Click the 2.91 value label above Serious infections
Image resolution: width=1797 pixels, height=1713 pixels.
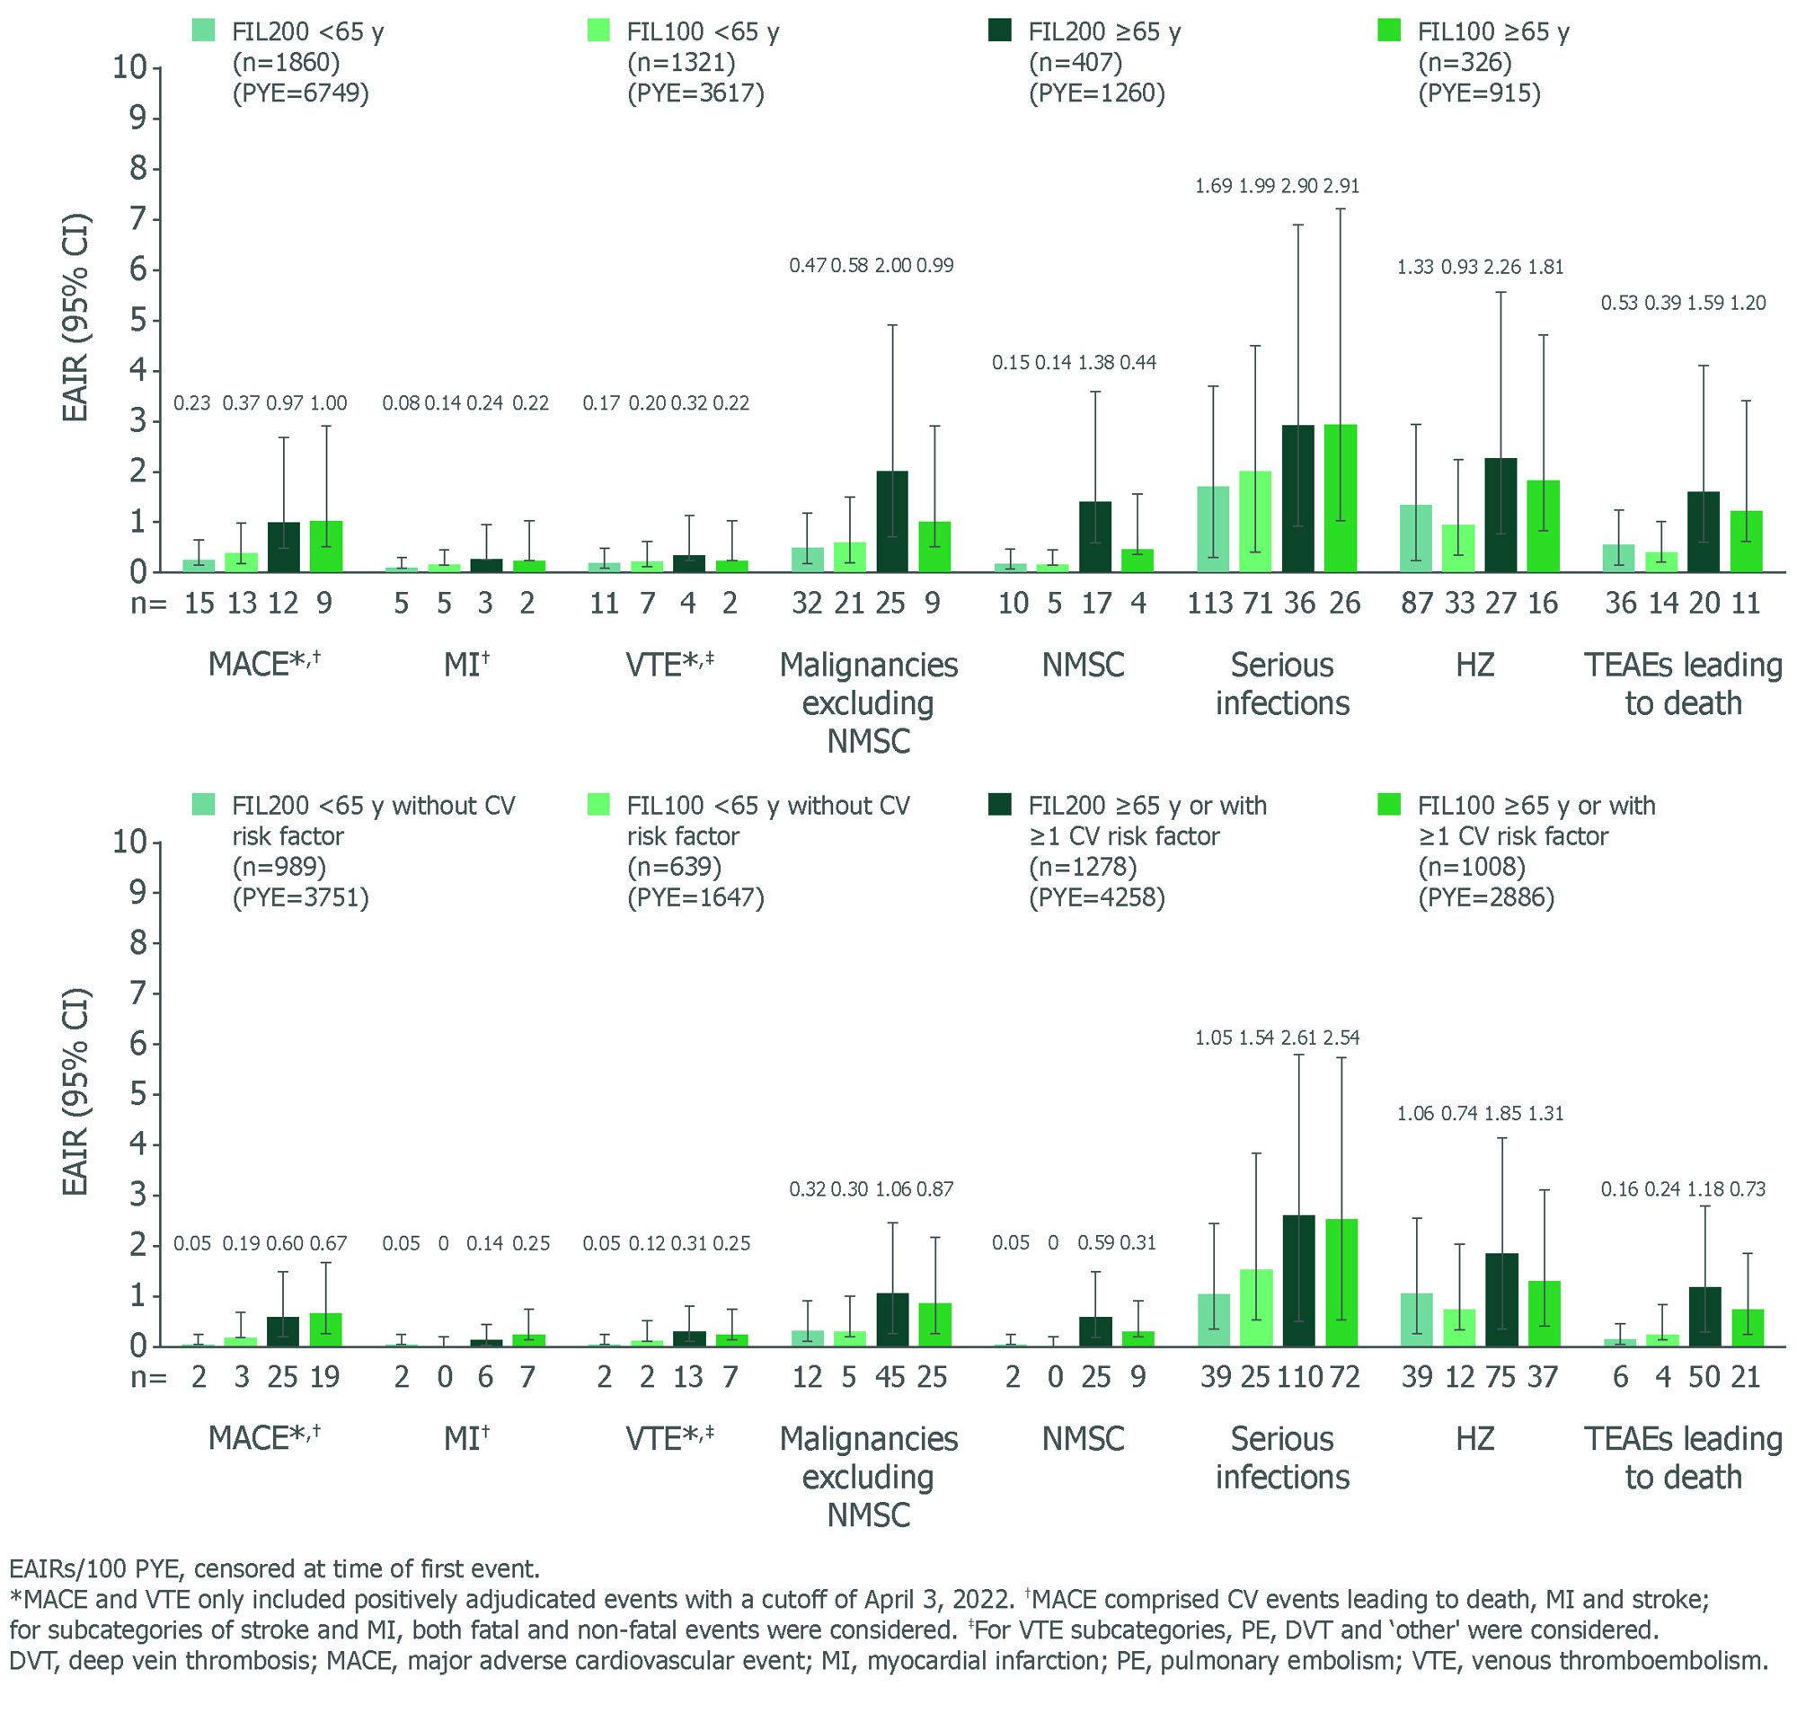pyautogui.click(x=1341, y=186)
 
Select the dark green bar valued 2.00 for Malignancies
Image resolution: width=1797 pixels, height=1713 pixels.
pyautogui.click(x=892, y=521)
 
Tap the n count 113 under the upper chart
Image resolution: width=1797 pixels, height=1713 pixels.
pyautogui.click(x=1210, y=604)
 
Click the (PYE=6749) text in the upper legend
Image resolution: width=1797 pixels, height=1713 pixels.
pyautogui.click(x=300, y=93)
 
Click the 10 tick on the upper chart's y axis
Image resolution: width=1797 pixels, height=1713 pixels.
pyautogui.click(x=128, y=67)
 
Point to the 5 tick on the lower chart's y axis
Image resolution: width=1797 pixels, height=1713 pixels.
pyautogui.click(x=137, y=1094)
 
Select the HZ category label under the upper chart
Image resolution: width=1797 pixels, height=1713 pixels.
pyautogui.click(x=1474, y=665)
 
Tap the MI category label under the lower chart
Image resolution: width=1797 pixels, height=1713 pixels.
pyautogui.click(x=465, y=1439)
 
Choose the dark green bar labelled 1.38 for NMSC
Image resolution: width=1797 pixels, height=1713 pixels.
pyautogui.click(x=1094, y=537)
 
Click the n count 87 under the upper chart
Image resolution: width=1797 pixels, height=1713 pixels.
pyautogui.click(x=1416, y=604)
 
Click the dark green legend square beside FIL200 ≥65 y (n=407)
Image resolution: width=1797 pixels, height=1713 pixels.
pyautogui.click(x=1000, y=31)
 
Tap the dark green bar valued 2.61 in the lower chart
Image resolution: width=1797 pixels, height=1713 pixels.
pyautogui.click(x=1297, y=1280)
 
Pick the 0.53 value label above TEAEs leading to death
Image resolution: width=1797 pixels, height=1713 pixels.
pyautogui.click(x=1619, y=303)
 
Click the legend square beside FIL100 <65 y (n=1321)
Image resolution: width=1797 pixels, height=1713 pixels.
pyautogui.click(x=598, y=31)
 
